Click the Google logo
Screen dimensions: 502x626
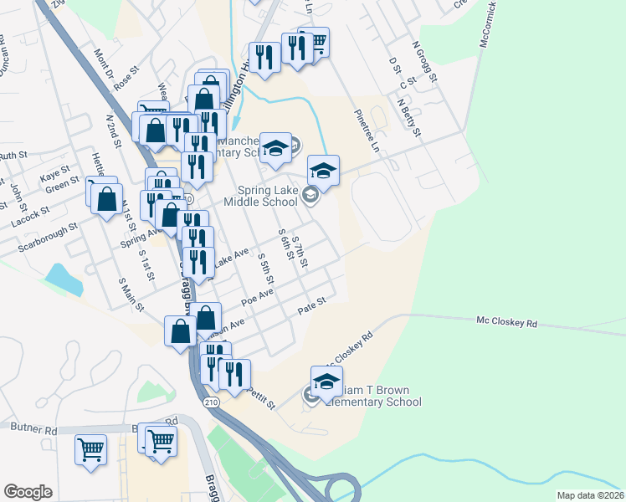pyautogui.click(x=28, y=492)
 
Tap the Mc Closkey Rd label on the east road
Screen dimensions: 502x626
pyautogui.click(x=506, y=321)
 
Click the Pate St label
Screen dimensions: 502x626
pyautogui.click(x=310, y=310)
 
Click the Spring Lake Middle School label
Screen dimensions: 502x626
pyautogui.click(x=260, y=202)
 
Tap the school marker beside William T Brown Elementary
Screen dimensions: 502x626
pyautogui.click(x=326, y=382)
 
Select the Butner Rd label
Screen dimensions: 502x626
pyautogui.click(x=33, y=429)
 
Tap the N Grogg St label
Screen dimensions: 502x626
pyautogui.click(x=425, y=64)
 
